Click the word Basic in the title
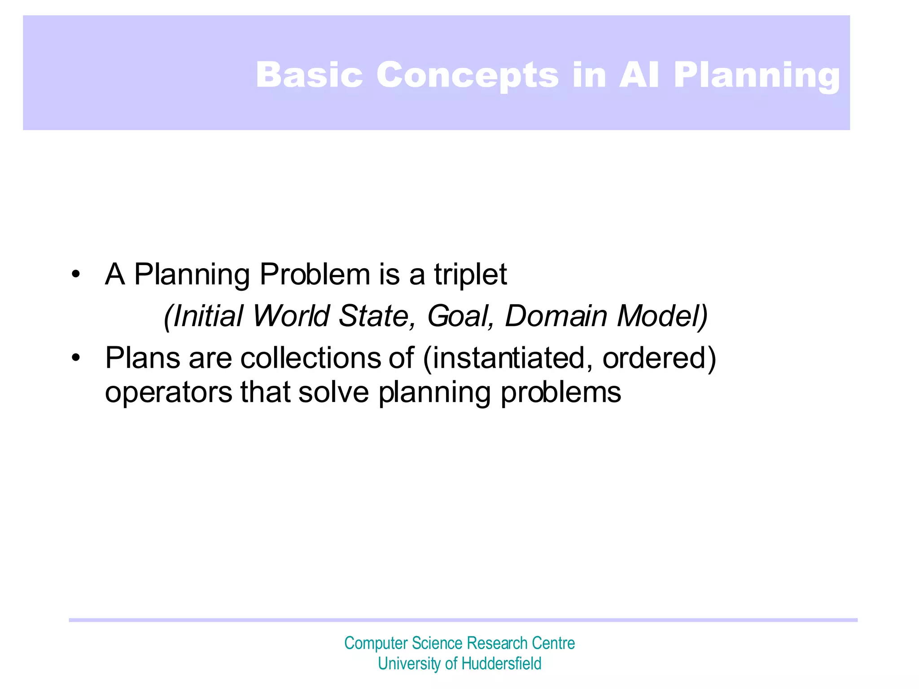click(309, 74)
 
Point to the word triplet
click(470, 275)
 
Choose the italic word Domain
click(556, 316)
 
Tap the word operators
click(169, 393)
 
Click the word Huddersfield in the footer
click(501, 663)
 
